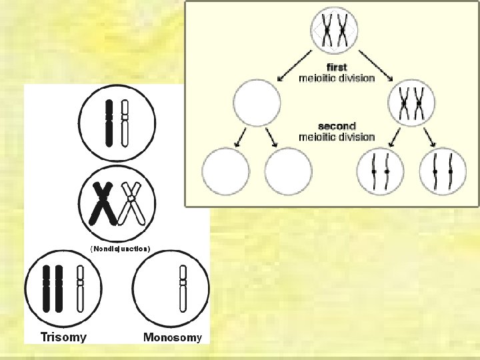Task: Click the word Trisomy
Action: [x=63, y=337]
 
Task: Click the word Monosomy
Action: [x=172, y=337]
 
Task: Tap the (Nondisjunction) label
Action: [x=121, y=249]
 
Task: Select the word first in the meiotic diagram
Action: [x=337, y=67]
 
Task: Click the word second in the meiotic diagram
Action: [x=337, y=126]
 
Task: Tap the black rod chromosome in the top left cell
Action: [x=109, y=123]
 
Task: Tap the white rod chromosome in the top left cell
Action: [x=125, y=123]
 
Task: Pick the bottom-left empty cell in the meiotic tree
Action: [x=226, y=172]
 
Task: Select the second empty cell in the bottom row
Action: [x=288, y=172]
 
